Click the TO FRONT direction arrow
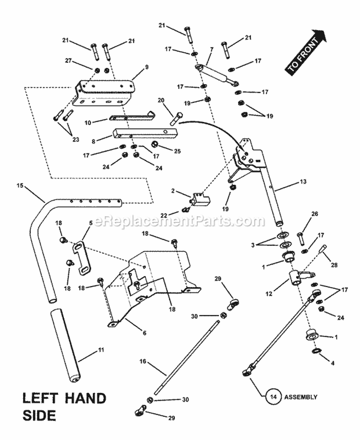[306, 52]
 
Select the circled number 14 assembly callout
[272, 397]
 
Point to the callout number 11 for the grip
[101, 350]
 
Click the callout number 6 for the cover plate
[144, 332]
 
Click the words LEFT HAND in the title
[64, 398]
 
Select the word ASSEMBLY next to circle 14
[301, 397]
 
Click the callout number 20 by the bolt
[161, 100]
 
